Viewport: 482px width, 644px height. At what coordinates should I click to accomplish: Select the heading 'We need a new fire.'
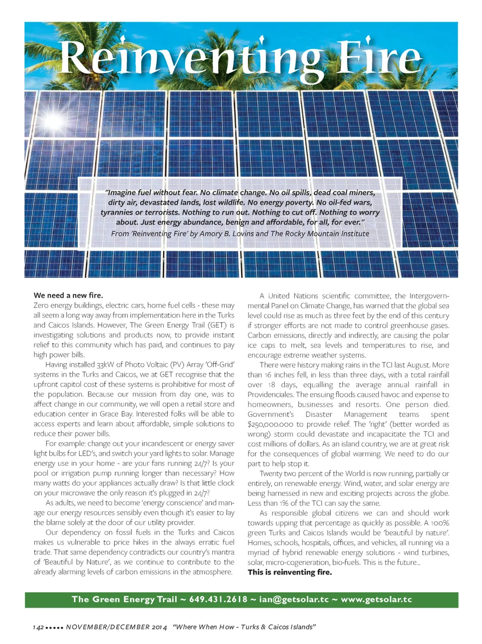pyautogui.click(x=68, y=295)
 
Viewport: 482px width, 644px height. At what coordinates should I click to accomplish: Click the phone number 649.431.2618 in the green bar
pyautogui.click(x=218, y=599)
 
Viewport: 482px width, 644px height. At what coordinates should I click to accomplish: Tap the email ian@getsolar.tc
pyautogui.click(x=294, y=599)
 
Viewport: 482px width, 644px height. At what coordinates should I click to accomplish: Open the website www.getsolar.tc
pyautogui.click(x=376, y=599)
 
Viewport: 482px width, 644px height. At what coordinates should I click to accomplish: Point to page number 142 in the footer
pyautogui.click(x=39, y=627)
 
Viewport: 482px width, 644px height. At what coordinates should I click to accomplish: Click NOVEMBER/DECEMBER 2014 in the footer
pyautogui.click(x=116, y=627)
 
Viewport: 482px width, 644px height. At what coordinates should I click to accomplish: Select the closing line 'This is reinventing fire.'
pyautogui.click(x=289, y=572)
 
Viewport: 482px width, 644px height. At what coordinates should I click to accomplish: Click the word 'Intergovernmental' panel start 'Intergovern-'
pyautogui.click(x=429, y=296)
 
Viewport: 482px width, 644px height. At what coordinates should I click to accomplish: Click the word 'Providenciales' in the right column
pyautogui.click(x=271, y=394)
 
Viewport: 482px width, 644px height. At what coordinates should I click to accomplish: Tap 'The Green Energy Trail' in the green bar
pyautogui.click(x=124, y=599)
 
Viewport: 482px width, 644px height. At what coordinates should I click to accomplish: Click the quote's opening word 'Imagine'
pyautogui.click(x=122, y=193)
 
